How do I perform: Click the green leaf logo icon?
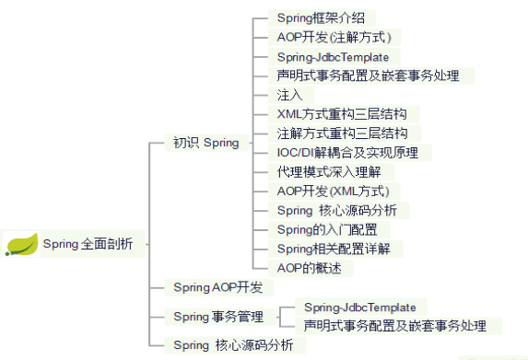click(21, 244)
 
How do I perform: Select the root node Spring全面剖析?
click(88, 244)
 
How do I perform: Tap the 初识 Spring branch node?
click(206, 143)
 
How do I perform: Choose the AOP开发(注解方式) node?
click(334, 37)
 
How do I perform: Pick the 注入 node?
click(289, 95)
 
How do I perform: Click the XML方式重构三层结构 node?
click(341, 114)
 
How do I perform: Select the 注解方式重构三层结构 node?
click(341, 134)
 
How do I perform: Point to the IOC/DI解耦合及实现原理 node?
click(346, 153)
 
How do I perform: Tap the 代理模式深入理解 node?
click(323, 172)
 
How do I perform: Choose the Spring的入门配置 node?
click(326, 229)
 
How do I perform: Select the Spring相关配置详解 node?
click(333, 249)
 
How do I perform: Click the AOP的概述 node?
click(309, 268)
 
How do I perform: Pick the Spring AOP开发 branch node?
click(217, 288)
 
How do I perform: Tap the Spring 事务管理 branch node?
click(217, 317)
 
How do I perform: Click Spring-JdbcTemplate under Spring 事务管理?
click(359, 308)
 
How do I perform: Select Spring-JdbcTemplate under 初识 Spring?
click(333, 56)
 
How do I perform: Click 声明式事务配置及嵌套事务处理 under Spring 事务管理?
click(395, 326)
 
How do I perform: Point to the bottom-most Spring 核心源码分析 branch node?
click(233, 345)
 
